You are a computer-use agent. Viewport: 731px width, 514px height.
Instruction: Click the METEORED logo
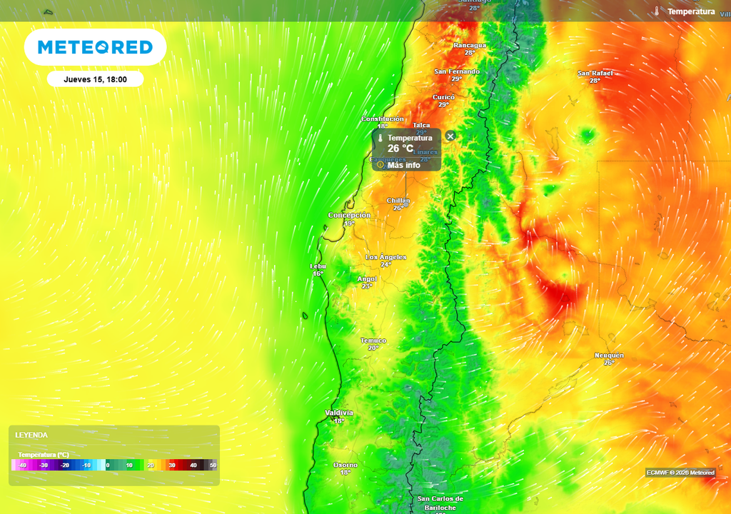(x=95, y=47)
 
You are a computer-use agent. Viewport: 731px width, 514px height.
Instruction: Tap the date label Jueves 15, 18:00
(x=95, y=79)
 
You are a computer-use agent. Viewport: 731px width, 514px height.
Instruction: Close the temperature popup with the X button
(x=450, y=136)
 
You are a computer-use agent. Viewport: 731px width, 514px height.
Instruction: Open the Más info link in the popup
(x=403, y=165)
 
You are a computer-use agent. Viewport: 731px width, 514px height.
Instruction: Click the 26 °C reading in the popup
(x=400, y=148)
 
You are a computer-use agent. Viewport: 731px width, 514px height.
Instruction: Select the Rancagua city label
(x=470, y=45)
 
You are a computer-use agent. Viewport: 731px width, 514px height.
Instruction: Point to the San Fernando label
(x=457, y=71)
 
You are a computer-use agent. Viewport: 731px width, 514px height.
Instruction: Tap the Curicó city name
(x=443, y=97)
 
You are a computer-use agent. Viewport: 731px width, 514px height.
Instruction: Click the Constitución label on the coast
(x=383, y=119)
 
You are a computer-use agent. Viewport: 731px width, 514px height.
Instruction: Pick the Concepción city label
(x=349, y=215)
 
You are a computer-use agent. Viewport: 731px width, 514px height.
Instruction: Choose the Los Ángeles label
(x=385, y=257)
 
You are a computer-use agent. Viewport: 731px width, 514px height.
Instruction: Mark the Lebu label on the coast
(x=318, y=266)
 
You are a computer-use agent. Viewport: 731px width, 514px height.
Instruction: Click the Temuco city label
(x=373, y=341)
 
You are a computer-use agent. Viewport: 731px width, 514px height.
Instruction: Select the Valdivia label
(x=339, y=413)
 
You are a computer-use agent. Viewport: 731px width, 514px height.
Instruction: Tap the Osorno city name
(x=346, y=465)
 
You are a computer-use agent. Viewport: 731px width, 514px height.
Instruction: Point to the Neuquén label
(x=609, y=356)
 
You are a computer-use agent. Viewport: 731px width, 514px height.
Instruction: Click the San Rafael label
(x=595, y=73)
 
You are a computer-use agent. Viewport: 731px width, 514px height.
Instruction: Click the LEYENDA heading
(x=31, y=435)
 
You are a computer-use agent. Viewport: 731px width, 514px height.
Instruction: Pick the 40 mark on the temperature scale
(x=193, y=465)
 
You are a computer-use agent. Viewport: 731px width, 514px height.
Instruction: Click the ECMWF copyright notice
(x=680, y=472)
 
